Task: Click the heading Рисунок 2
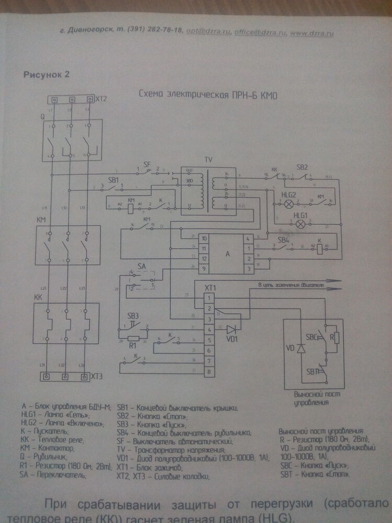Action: pos(47,74)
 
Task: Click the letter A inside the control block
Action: pos(227,254)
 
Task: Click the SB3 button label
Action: pos(133,316)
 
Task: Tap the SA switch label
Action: pos(142,267)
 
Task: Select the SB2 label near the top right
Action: pos(302,167)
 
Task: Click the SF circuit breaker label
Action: pos(147,164)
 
